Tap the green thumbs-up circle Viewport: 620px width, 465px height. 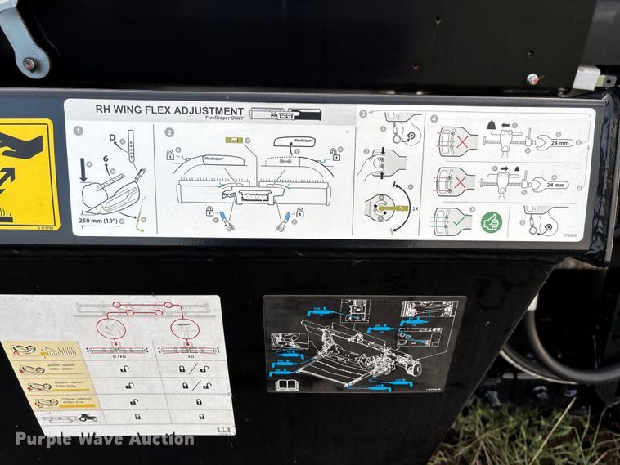pos(491,221)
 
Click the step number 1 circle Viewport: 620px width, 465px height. pos(79,131)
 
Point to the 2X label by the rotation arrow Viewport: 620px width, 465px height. pos(415,209)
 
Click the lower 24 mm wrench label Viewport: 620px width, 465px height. pos(555,185)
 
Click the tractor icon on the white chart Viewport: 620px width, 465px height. pos(88,418)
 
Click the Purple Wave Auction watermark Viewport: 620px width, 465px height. pos(104,439)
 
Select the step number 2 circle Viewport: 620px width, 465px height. pos(169,132)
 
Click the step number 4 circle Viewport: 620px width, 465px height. pos(434,117)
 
